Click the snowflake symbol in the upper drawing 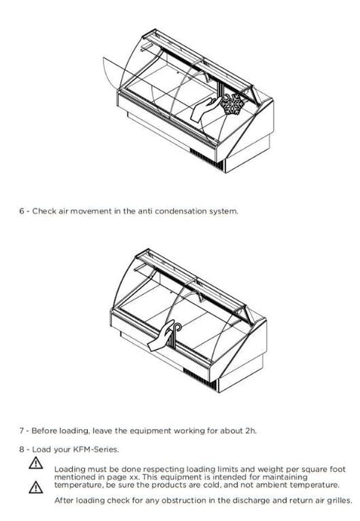click(233, 104)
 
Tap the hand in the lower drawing click(161, 336)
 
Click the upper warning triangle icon click(36, 463)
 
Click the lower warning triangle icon click(36, 487)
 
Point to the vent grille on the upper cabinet click(204, 158)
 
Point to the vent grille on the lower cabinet click(199, 378)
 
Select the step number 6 click(22, 211)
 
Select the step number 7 click(22, 431)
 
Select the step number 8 click(22, 450)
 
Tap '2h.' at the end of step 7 click(251, 431)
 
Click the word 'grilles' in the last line click(339, 501)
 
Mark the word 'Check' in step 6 click(44, 211)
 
